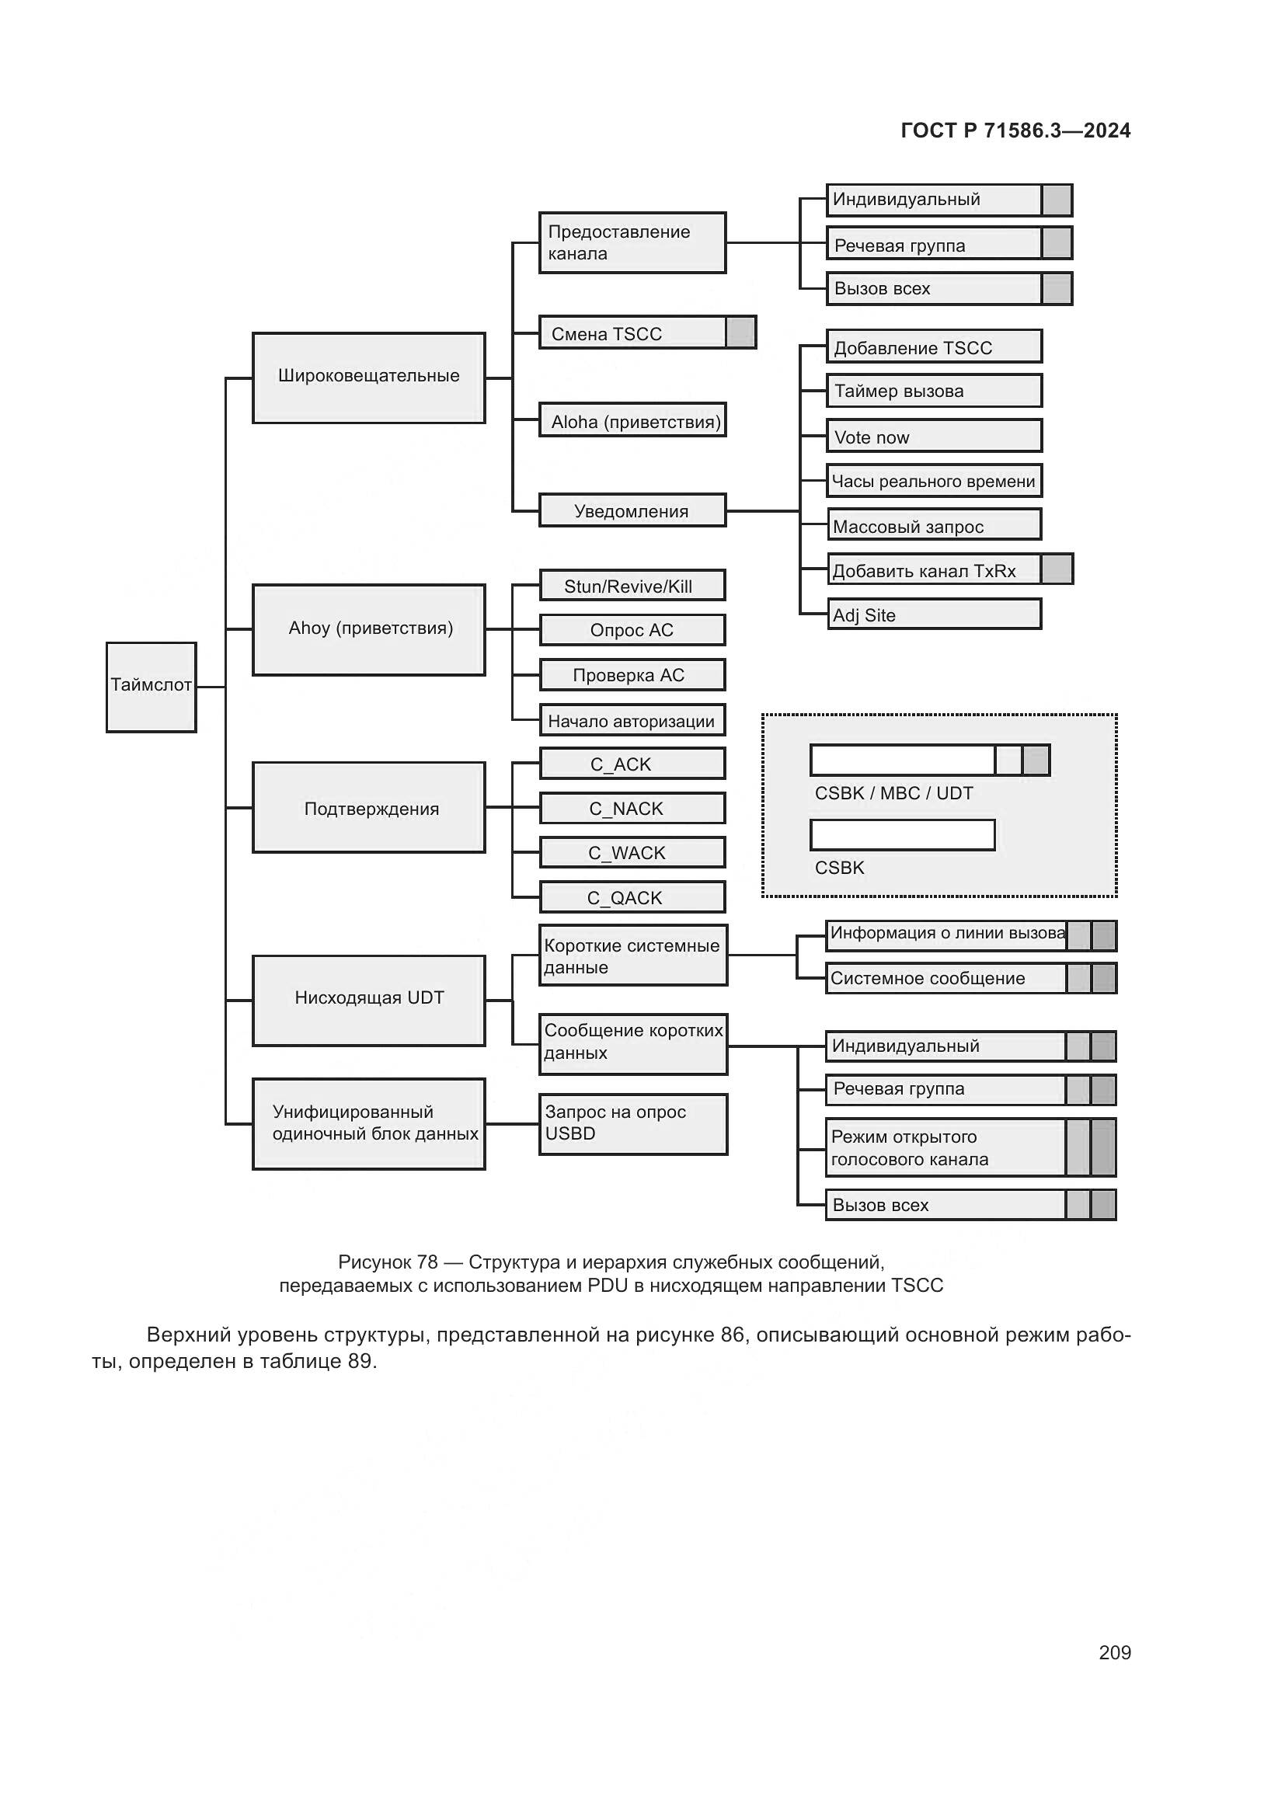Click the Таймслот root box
pos(151,686)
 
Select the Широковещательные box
pos(369,378)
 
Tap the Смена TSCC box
pos(632,332)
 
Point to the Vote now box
pos(934,436)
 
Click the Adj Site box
pos(934,614)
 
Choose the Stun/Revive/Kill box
pos(632,586)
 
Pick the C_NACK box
pos(632,808)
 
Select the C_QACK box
pos(632,897)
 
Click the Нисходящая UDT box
pos(369,1000)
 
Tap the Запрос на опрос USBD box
pos(633,1124)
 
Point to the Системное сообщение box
pos(945,978)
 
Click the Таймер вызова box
pos(934,391)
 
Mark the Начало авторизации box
pos(632,720)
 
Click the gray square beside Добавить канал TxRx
pos(1057,569)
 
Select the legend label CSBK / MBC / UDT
pos(893,793)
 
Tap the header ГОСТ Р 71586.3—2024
pos(1015,131)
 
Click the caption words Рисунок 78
pos(388,1262)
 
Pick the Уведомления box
pos(632,510)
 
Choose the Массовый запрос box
pos(934,525)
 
